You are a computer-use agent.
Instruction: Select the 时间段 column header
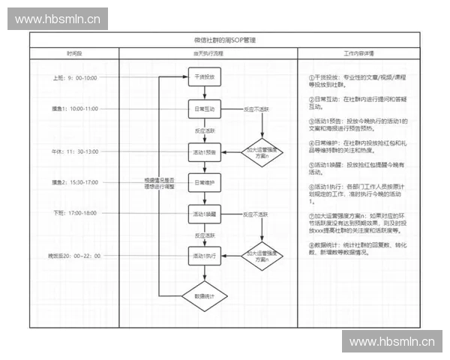tap(74, 54)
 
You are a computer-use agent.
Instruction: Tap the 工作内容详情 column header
tap(359, 54)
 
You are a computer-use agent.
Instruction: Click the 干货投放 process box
tap(204, 77)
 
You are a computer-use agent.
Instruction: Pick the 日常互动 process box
tap(204, 109)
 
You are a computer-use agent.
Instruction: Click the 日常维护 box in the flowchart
tap(204, 182)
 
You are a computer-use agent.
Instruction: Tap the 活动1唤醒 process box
tap(204, 214)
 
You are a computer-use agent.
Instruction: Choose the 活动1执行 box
tap(204, 256)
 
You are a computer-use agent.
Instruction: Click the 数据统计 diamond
tap(204, 297)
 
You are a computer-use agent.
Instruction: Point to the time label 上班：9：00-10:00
tap(75, 78)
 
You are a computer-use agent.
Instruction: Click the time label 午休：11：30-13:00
tap(75, 151)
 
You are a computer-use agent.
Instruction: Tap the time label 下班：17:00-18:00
tap(75, 213)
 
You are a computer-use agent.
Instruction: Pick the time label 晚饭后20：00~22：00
tap(74, 256)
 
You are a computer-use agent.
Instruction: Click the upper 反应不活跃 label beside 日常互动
tap(256, 109)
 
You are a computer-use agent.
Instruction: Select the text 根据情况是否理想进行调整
tap(159, 182)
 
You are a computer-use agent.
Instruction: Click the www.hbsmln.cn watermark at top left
tap(57, 19)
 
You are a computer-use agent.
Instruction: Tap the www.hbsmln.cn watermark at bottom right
tap(392, 342)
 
